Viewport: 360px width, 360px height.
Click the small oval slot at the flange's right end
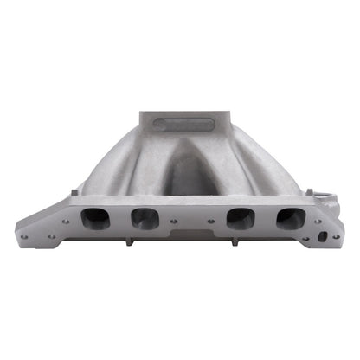[x=323, y=235]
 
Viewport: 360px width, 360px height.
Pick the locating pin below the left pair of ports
[x=130, y=241]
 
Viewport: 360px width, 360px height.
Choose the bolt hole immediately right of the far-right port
[x=318, y=220]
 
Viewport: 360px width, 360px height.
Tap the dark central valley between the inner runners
[x=180, y=173]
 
